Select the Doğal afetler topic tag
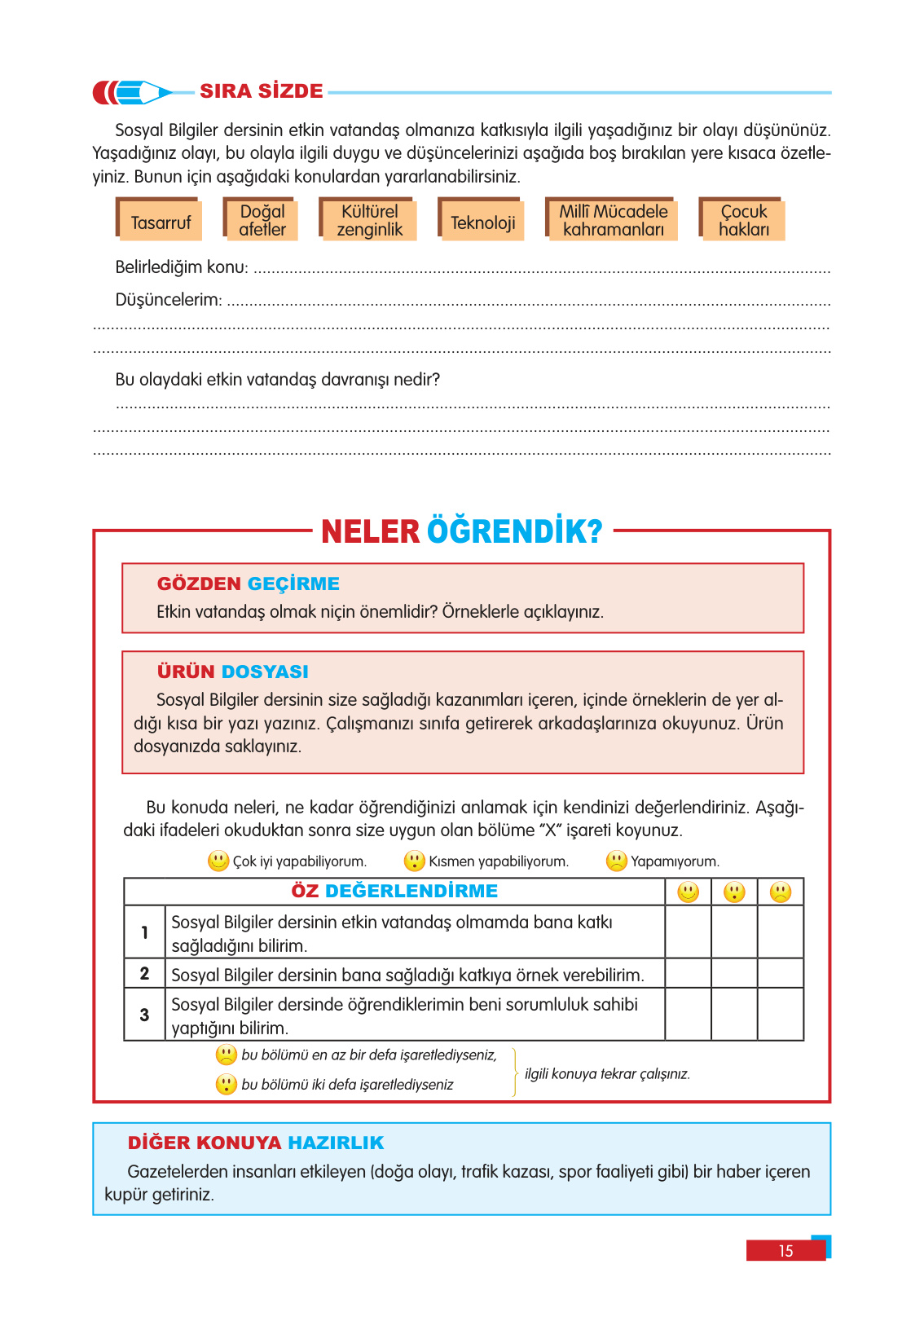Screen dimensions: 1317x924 tap(262, 221)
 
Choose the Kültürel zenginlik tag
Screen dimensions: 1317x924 tap(369, 221)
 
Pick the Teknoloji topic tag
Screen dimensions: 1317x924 tap(482, 222)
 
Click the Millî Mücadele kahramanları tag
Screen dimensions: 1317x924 tap(613, 221)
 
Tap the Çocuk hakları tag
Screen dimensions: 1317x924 tap(743, 221)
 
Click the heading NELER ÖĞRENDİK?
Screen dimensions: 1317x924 tap(461, 531)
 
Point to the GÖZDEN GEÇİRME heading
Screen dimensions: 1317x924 tap(248, 584)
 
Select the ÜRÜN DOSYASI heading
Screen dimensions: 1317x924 tap(232, 672)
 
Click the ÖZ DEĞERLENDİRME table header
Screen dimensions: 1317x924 tap(394, 891)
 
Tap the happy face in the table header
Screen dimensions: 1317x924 tap(689, 892)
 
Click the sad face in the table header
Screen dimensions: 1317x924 tap(781, 892)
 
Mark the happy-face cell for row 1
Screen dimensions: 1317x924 tap(689, 932)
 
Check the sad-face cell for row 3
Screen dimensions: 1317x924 tap(781, 1015)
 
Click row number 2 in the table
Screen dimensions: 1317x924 tap(144, 974)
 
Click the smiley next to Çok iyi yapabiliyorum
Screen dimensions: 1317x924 tap(218, 861)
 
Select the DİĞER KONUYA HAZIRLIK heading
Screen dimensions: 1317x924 tap(255, 1143)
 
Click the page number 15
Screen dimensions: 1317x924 tap(785, 1251)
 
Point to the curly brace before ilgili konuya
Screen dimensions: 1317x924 tap(515, 1073)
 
